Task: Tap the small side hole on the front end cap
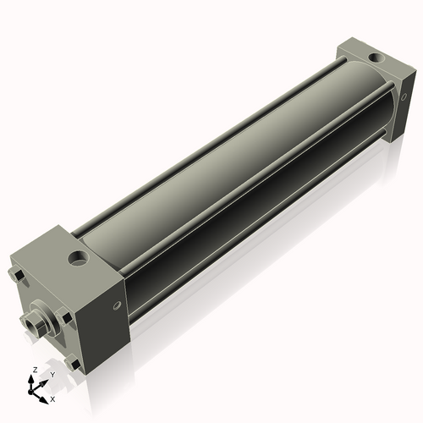click(x=116, y=302)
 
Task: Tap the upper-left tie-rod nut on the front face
click(x=17, y=276)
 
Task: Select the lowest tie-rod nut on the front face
click(x=74, y=365)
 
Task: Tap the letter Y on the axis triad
click(x=52, y=374)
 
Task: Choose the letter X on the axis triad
click(x=52, y=398)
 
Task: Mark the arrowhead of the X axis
click(x=46, y=394)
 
